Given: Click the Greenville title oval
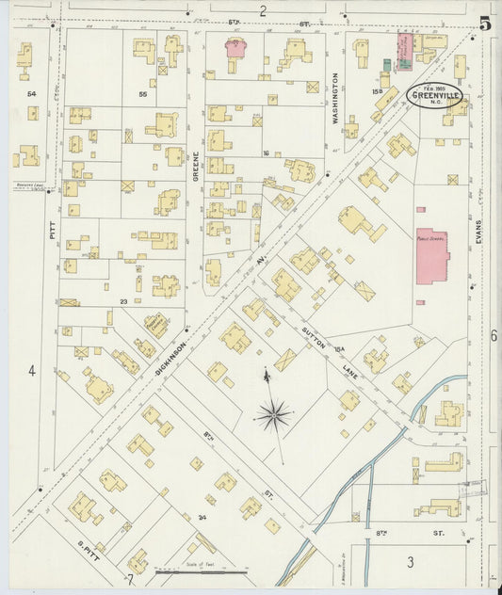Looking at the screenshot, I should coord(434,96).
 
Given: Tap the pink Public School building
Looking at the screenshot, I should coord(432,255).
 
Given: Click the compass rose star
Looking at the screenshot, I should coord(273,414).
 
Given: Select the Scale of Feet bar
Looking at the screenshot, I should coord(202,570).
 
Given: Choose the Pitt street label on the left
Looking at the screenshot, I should coord(53,229).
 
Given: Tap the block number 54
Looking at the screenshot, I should coord(31,94).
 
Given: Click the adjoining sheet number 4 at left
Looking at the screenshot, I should coord(31,371).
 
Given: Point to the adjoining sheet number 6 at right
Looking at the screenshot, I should coord(493,335).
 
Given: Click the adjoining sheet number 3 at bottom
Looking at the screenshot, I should coord(410,562).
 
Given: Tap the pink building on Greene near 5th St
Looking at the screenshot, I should coord(235,48).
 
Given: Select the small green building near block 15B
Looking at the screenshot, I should coord(386,64).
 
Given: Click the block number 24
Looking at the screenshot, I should coord(202,516).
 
